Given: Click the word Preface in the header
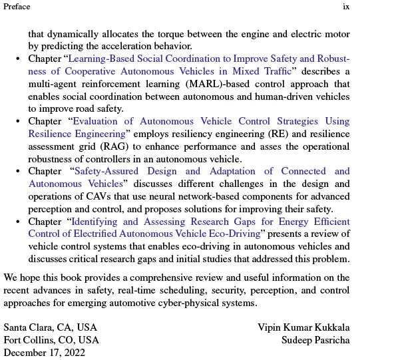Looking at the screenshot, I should [x=17, y=7].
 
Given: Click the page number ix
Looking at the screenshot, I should [x=346, y=7].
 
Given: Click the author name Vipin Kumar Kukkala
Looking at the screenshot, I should [x=304, y=327].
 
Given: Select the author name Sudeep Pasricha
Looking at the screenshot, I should [x=315, y=340].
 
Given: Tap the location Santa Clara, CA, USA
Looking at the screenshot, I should [x=51, y=327].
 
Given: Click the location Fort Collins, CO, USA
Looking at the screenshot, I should [x=51, y=340].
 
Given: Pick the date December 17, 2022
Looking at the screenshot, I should [x=45, y=353].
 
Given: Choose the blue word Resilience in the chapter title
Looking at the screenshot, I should [x=53, y=134].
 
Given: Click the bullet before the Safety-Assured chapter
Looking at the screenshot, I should [x=18, y=172].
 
